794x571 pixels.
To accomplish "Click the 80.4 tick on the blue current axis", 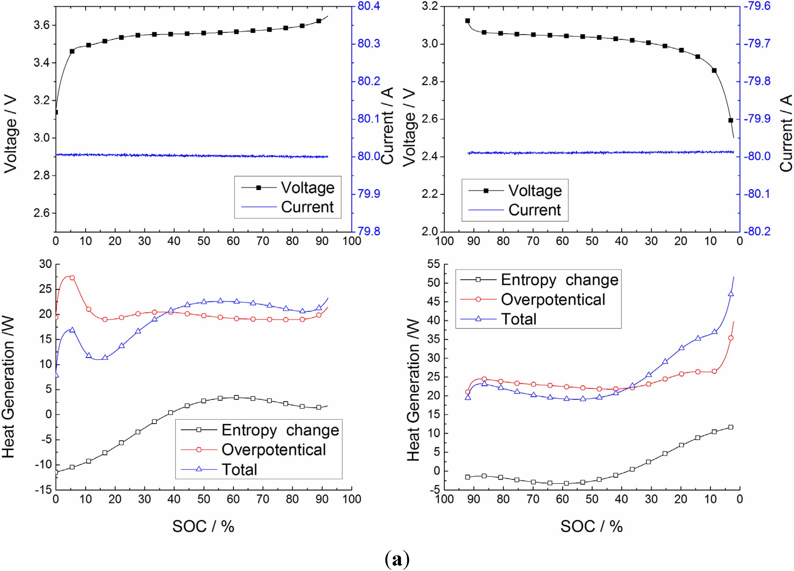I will click(x=368, y=6).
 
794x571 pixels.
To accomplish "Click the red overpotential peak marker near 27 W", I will click(x=72, y=278).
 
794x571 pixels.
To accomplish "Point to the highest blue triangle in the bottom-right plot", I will click(x=731, y=294).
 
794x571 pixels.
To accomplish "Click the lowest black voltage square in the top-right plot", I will click(x=731, y=120).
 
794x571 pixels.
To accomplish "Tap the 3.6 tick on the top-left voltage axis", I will click(x=42, y=25).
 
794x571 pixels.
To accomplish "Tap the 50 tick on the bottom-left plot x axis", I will click(x=203, y=499).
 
